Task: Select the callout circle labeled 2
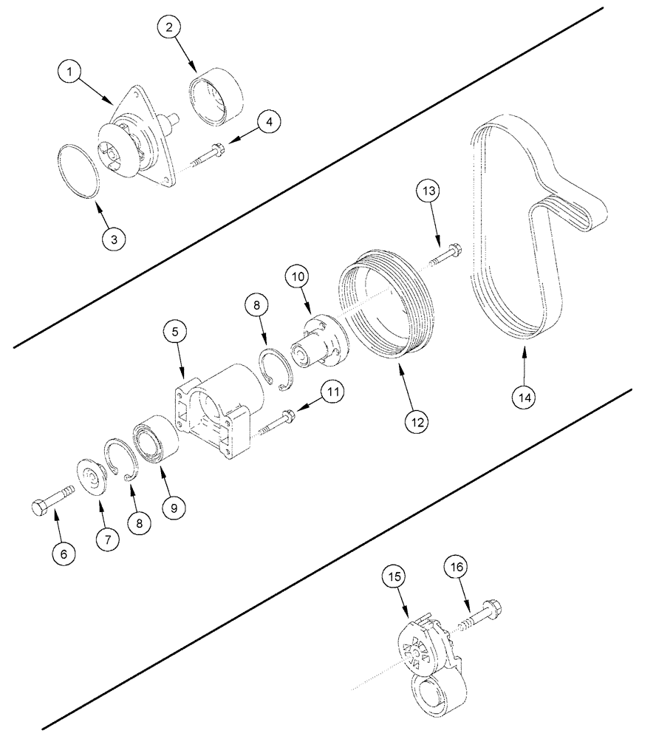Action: coord(170,27)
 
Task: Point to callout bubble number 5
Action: coord(175,333)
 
